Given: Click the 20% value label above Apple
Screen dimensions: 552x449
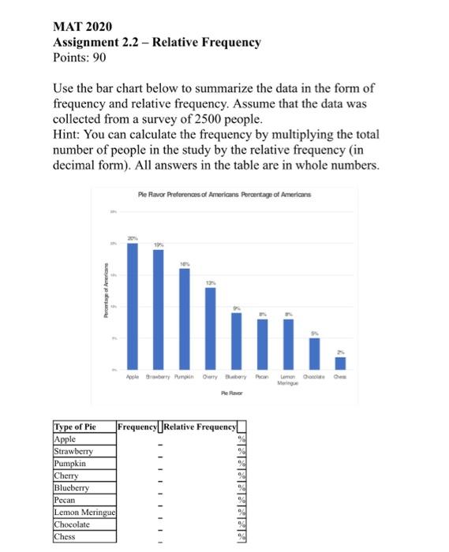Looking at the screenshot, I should pyautogui.click(x=133, y=237).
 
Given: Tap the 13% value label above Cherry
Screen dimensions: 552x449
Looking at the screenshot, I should pyautogui.click(x=210, y=282).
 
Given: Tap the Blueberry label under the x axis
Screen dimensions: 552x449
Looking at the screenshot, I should pyautogui.click(x=236, y=377).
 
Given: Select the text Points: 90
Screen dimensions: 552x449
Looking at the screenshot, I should pyautogui.click(x=79, y=58).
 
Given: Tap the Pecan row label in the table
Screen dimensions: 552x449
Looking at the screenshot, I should pyautogui.click(x=65, y=501).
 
